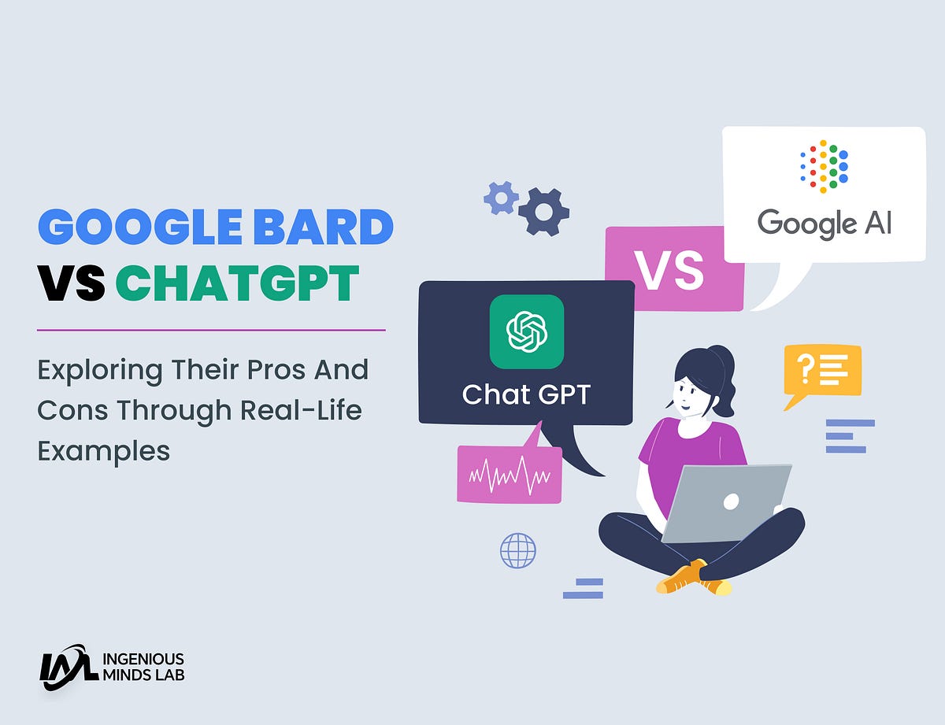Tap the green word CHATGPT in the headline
pos(237,283)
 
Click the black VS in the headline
pos(72,283)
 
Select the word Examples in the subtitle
pos(103,452)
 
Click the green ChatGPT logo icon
pos(527,331)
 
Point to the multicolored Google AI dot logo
pos(824,166)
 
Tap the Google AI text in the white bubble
pos(824,224)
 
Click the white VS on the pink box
pos(669,270)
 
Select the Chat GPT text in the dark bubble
pos(526,394)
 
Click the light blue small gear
pos(501,198)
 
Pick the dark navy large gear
pos(543,212)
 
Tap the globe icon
pos(518,550)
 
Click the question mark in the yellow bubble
pos(805,369)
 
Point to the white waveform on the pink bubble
pos(510,476)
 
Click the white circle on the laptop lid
pos(731,502)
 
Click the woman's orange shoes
pos(693,579)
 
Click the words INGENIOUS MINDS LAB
pos(143,667)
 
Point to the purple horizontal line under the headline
pos(211,331)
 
